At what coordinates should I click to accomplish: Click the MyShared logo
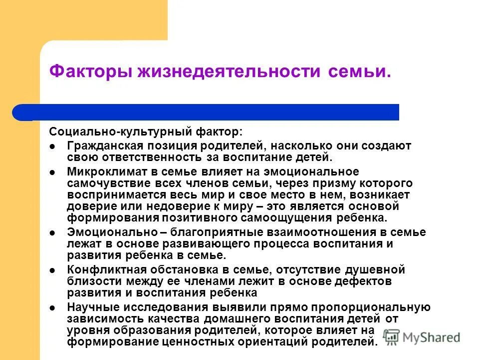pyautogui.click(x=422, y=337)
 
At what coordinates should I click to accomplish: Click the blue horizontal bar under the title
pyautogui.click(x=206, y=112)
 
